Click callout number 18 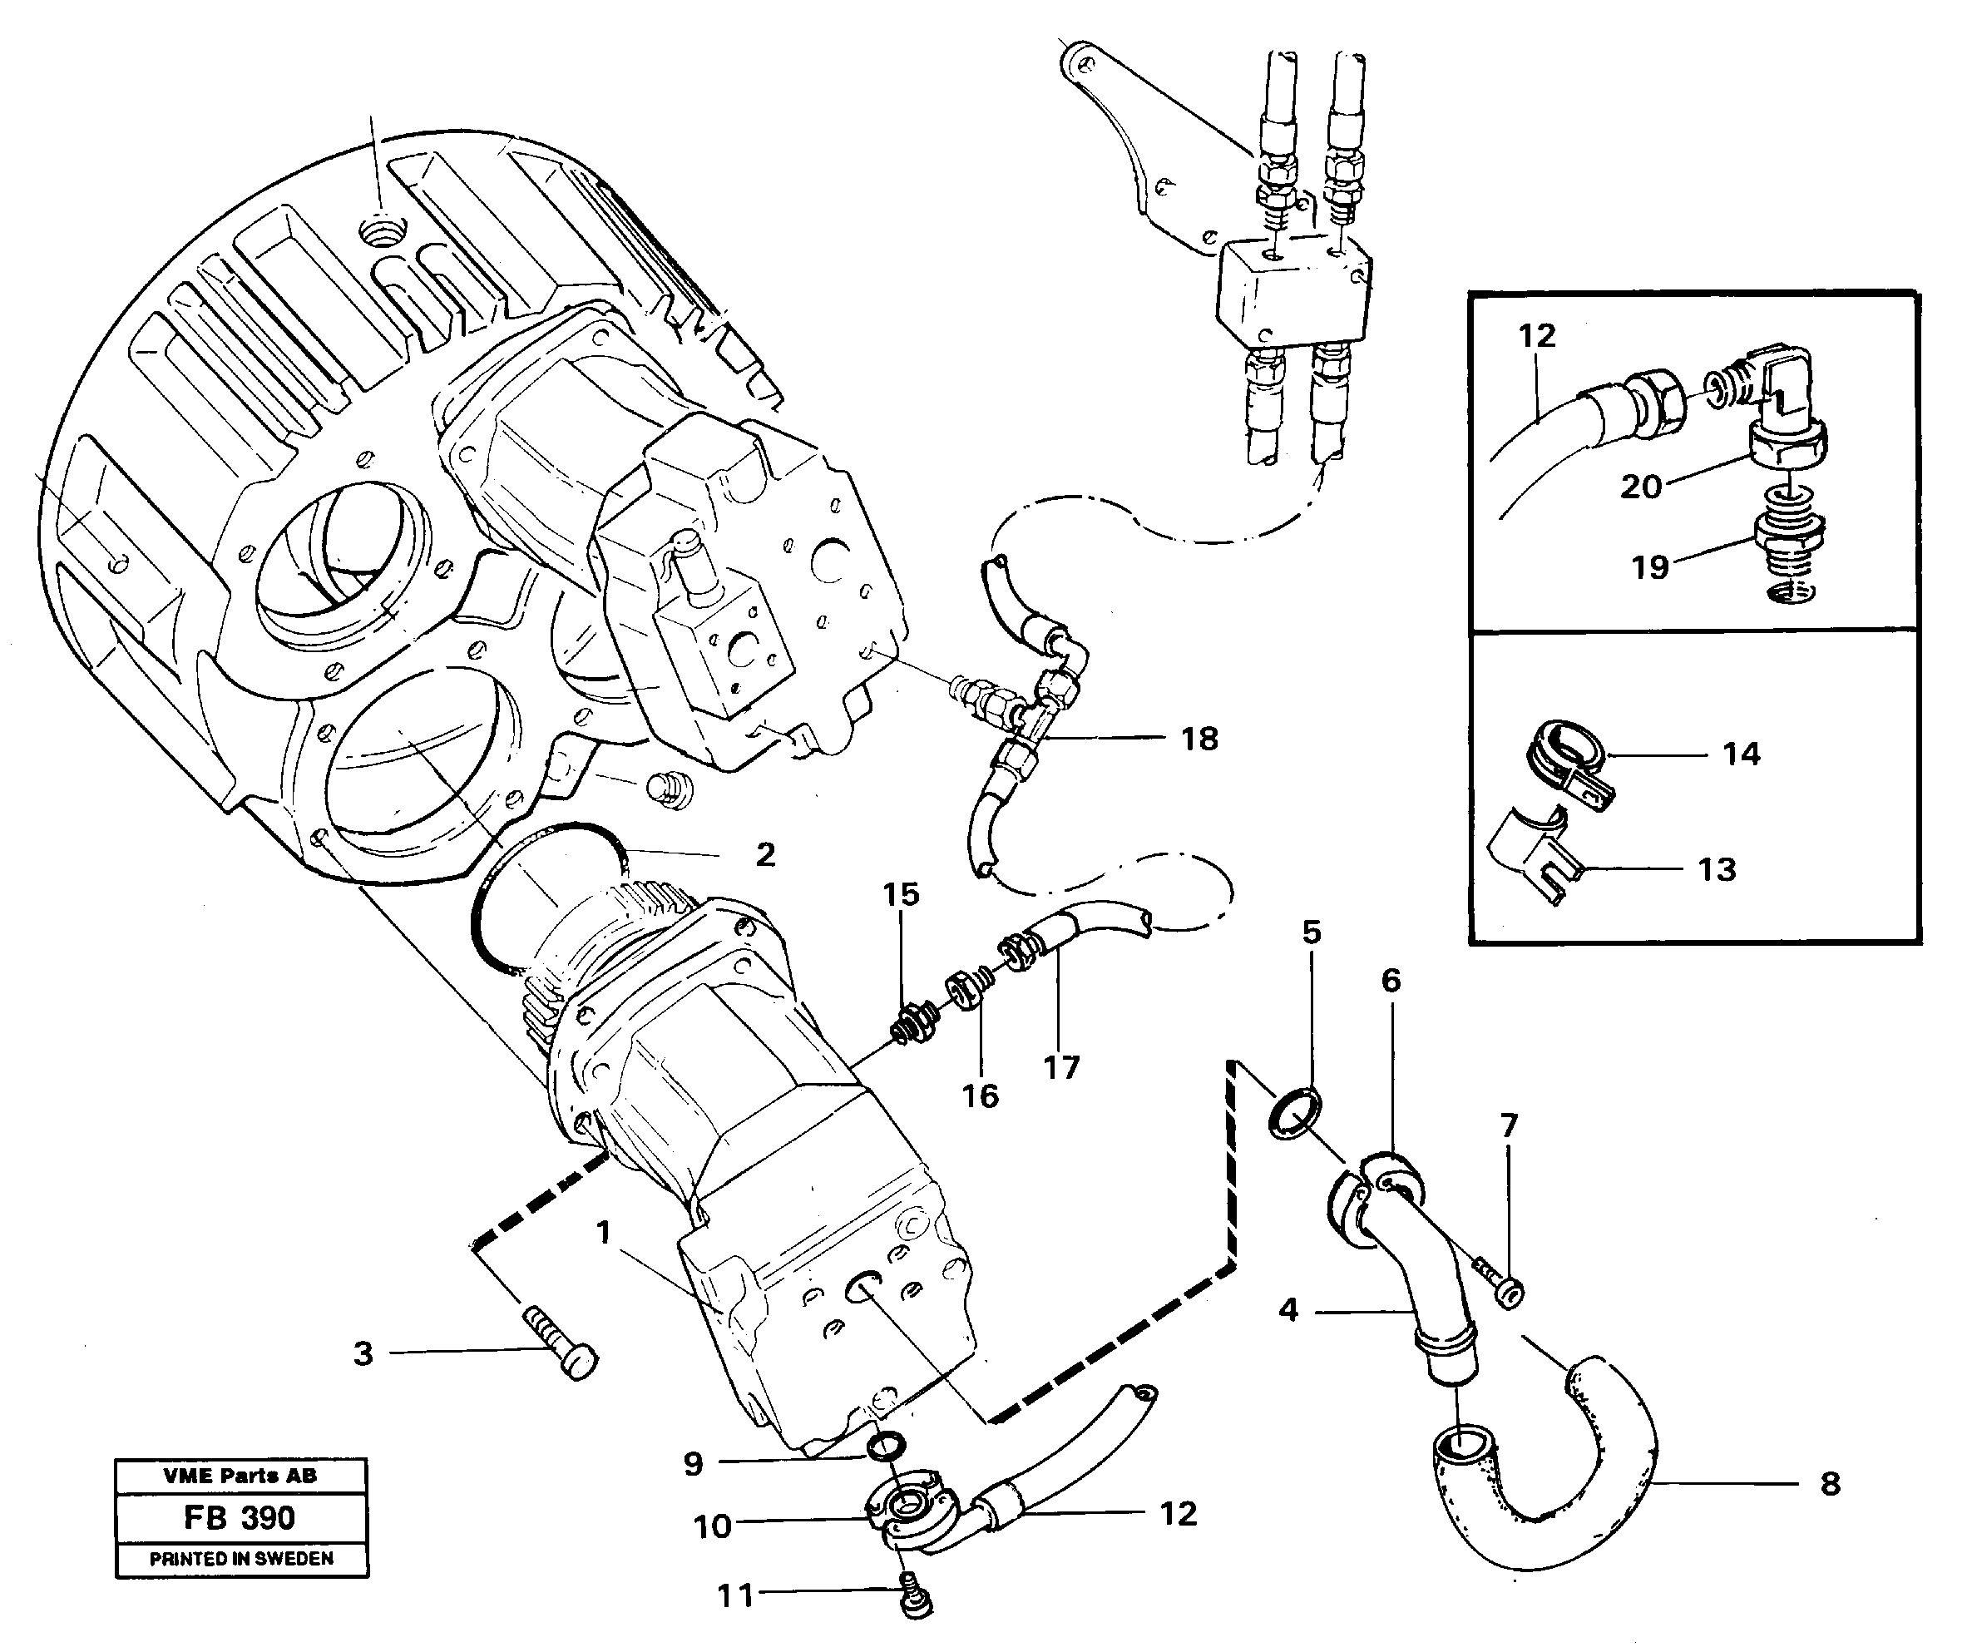tap(1199, 739)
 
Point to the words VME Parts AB tap(240, 1476)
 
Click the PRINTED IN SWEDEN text tap(241, 1559)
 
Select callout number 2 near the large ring tap(765, 854)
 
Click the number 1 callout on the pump tap(604, 1232)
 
